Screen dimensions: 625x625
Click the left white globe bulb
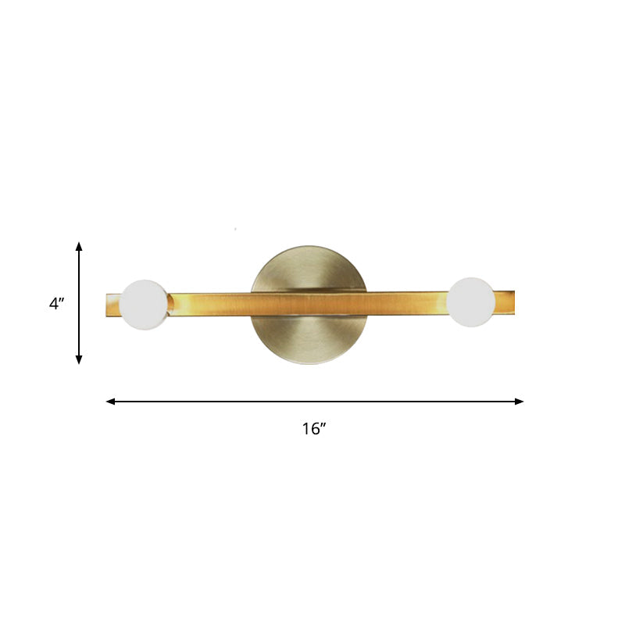coord(145,304)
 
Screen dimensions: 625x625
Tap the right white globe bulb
coord(471,301)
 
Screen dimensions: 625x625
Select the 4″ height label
coord(56,304)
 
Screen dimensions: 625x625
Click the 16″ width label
coord(313,429)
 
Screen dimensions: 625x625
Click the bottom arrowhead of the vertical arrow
coord(79,359)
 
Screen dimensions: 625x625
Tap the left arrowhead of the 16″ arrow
coord(110,402)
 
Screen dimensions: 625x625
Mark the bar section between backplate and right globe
coord(406,302)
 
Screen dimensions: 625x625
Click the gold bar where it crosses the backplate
coord(309,303)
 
